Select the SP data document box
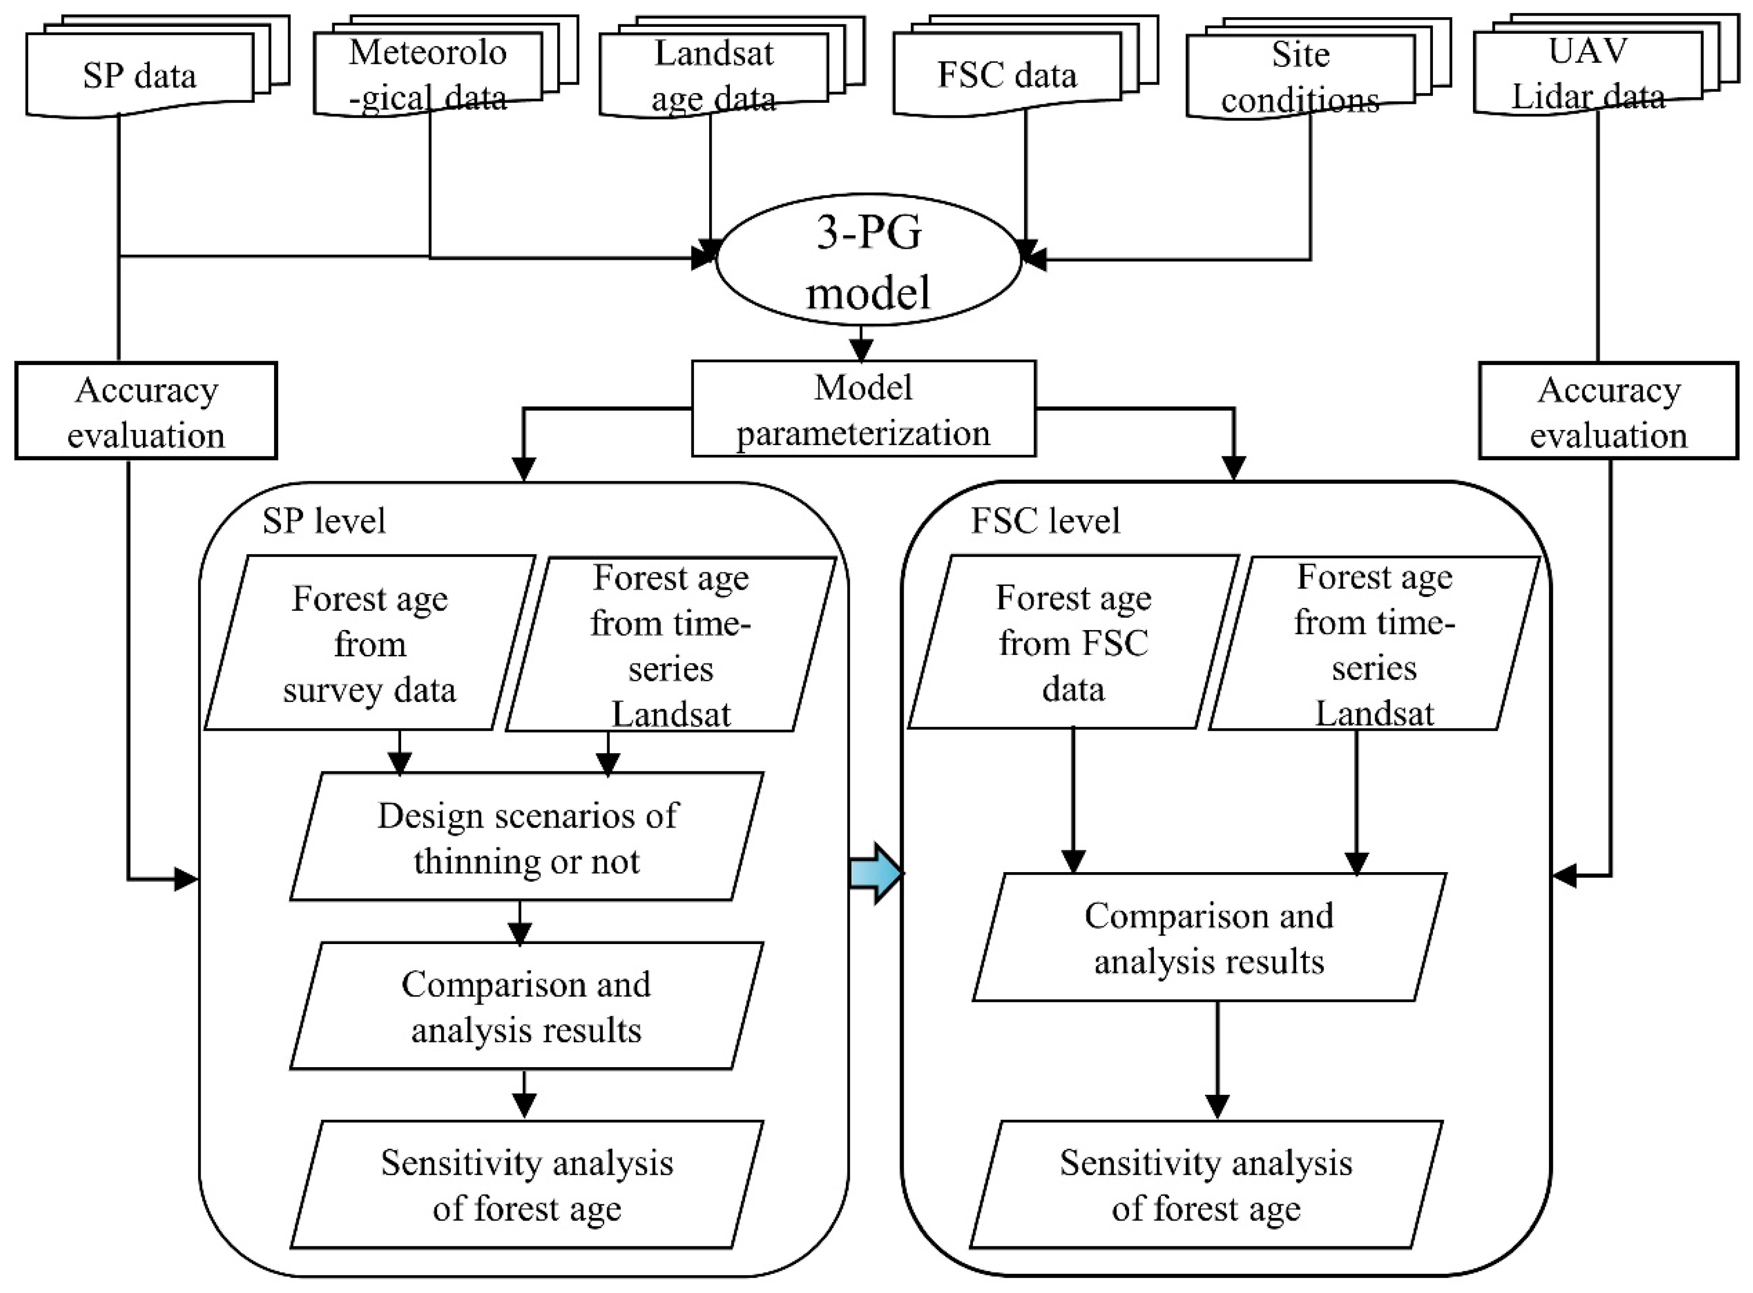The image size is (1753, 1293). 139,75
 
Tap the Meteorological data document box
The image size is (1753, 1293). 427,75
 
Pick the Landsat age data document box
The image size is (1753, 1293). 713,75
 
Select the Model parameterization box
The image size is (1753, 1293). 863,409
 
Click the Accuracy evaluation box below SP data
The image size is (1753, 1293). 146,411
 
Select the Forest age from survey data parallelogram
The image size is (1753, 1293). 369,643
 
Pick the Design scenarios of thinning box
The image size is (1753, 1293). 526,838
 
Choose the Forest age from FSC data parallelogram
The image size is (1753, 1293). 1073,643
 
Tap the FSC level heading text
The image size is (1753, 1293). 1045,521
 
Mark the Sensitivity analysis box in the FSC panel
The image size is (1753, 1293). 1206,1185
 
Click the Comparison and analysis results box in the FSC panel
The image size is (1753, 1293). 1209,937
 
